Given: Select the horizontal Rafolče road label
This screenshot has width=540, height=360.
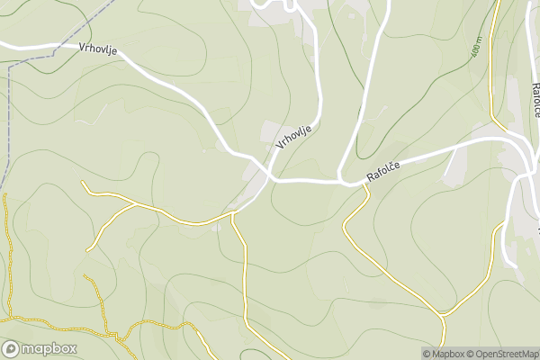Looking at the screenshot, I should [388, 168].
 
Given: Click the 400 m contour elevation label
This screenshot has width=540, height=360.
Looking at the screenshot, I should [477, 48].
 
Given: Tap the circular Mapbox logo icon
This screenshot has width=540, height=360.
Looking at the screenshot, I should [11, 349].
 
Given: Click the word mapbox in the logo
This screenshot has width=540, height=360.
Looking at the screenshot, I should [49, 349].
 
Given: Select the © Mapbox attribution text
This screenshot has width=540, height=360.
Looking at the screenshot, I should [446, 354].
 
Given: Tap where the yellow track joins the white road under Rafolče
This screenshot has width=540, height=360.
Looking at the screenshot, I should [368, 188].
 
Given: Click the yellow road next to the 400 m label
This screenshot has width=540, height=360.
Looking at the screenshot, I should [492, 63].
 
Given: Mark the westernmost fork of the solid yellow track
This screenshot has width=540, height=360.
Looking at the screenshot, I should [136, 204].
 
